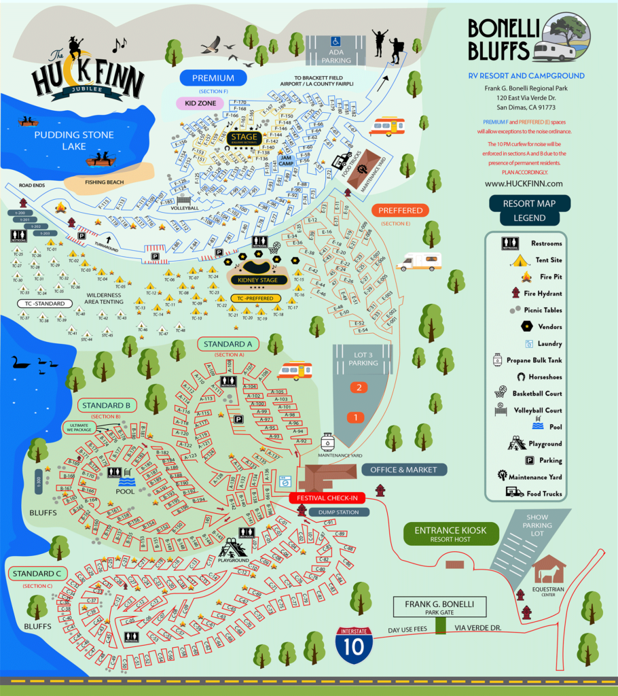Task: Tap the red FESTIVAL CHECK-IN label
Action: click(327, 498)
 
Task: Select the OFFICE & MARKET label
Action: click(404, 470)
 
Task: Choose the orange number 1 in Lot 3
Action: click(354, 417)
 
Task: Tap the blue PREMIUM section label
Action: click(213, 78)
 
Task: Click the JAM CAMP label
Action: click(286, 160)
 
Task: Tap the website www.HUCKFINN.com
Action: click(524, 184)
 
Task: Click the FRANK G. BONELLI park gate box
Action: click(441, 607)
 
